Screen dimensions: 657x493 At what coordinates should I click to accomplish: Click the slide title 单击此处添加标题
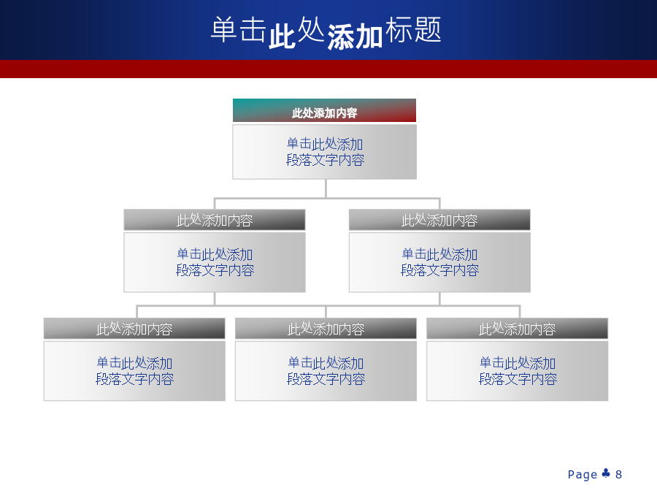pyautogui.click(x=326, y=32)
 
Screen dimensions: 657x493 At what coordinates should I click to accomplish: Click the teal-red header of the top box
pyautogui.click(x=324, y=110)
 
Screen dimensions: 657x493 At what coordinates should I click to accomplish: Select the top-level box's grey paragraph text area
pyautogui.click(x=324, y=152)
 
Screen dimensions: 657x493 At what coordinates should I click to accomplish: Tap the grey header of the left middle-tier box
pyautogui.click(x=215, y=220)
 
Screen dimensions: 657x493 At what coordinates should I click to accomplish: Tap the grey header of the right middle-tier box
pyautogui.click(x=439, y=220)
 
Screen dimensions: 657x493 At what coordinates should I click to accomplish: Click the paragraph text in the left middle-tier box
pyautogui.click(x=215, y=262)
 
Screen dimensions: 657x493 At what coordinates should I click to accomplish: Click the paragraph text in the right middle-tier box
pyautogui.click(x=439, y=262)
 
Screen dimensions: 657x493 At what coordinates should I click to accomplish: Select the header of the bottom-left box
pyautogui.click(x=134, y=328)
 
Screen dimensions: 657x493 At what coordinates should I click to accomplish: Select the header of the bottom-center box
pyautogui.click(x=326, y=328)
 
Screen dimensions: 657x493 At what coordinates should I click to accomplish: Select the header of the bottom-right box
pyautogui.click(x=517, y=328)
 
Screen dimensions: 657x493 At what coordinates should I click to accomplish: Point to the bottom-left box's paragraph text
pyautogui.click(x=134, y=370)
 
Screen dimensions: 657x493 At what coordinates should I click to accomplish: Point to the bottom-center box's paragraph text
pyautogui.click(x=326, y=370)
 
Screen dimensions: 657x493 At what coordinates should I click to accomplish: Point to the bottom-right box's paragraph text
pyautogui.click(x=518, y=370)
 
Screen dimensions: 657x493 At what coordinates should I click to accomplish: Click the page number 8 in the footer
pyautogui.click(x=618, y=475)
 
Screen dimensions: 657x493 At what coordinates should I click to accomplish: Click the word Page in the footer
pyautogui.click(x=583, y=475)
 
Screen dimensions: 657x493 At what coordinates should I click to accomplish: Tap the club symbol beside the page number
pyautogui.click(x=606, y=473)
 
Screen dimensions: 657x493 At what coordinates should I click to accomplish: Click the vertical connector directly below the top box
pyautogui.click(x=326, y=188)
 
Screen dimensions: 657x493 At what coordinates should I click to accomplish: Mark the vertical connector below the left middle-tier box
pyautogui.click(x=215, y=299)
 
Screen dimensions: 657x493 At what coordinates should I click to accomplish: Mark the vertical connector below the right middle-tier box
pyautogui.click(x=439, y=299)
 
